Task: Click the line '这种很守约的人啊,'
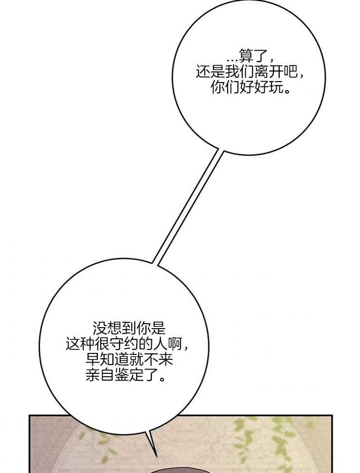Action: click(128, 344)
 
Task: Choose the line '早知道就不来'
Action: click(129, 360)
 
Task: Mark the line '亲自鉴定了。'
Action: click(126, 375)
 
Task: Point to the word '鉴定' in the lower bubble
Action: click(129, 375)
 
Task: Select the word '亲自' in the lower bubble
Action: click(100, 375)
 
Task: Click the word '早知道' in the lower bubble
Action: click(107, 360)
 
